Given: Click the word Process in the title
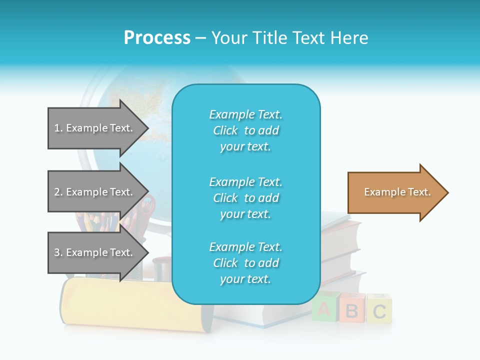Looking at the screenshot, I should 157,38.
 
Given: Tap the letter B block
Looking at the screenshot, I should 352,310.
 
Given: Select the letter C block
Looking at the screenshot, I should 379,310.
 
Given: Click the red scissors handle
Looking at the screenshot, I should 149,205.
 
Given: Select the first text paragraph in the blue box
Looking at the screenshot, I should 245,130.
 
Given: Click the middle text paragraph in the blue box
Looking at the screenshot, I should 245,198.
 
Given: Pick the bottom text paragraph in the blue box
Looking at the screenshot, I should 245,263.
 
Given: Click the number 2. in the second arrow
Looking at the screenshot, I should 58,192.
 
